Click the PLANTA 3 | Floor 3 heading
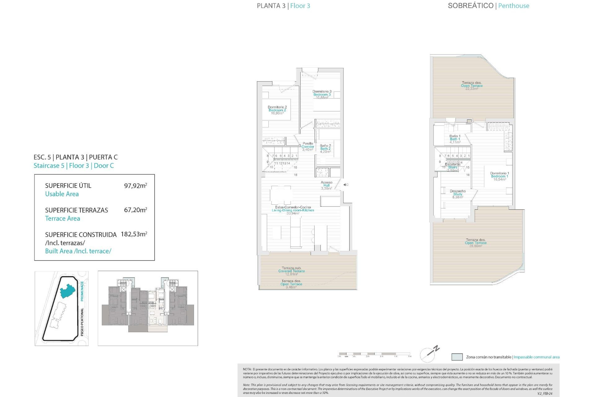tap(283, 6)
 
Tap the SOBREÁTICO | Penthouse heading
tap(488, 6)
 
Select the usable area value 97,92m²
tap(135, 186)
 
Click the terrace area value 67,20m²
tap(135, 210)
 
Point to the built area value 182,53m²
tap(134, 234)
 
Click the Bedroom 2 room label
tap(277, 110)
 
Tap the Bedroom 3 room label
tap(322, 94)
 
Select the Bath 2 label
tap(325, 149)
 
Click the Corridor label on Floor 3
tap(308, 146)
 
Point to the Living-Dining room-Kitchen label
tap(293, 210)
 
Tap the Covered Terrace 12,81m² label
tap(291, 271)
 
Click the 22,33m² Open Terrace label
tap(471, 86)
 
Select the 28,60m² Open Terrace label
tap(475, 243)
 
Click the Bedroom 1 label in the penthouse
tap(499, 176)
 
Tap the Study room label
tap(457, 194)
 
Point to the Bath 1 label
tap(455, 139)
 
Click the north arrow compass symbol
tap(430, 354)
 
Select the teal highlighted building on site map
tap(67, 291)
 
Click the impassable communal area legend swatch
tap(457, 357)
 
